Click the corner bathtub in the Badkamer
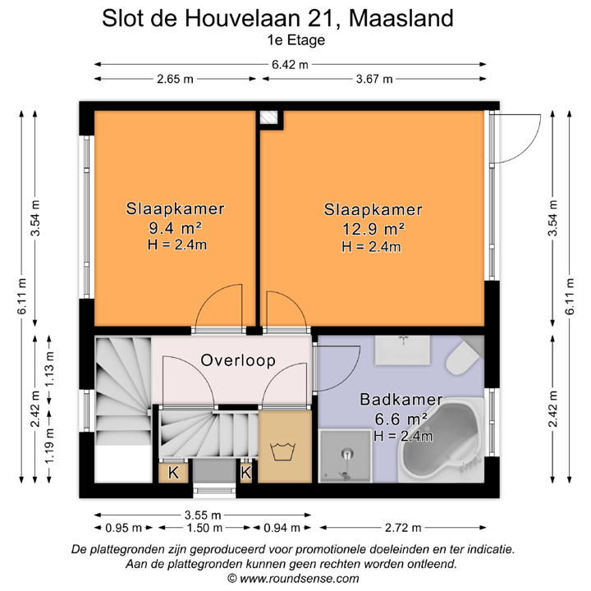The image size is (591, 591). click(444, 448)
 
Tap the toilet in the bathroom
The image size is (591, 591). click(463, 358)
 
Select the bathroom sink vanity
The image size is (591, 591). click(403, 350)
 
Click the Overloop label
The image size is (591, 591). click(238, 360)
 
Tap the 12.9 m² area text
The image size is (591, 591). click(371, 228)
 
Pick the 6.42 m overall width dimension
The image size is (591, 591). click(291, 65)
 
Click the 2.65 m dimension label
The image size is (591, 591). click(175, 79)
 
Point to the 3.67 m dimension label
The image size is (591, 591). click(373, 79)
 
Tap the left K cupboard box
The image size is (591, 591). click(173, 473)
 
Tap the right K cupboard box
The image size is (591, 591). click(245, 473)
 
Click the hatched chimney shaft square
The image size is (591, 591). click(268, 118)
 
